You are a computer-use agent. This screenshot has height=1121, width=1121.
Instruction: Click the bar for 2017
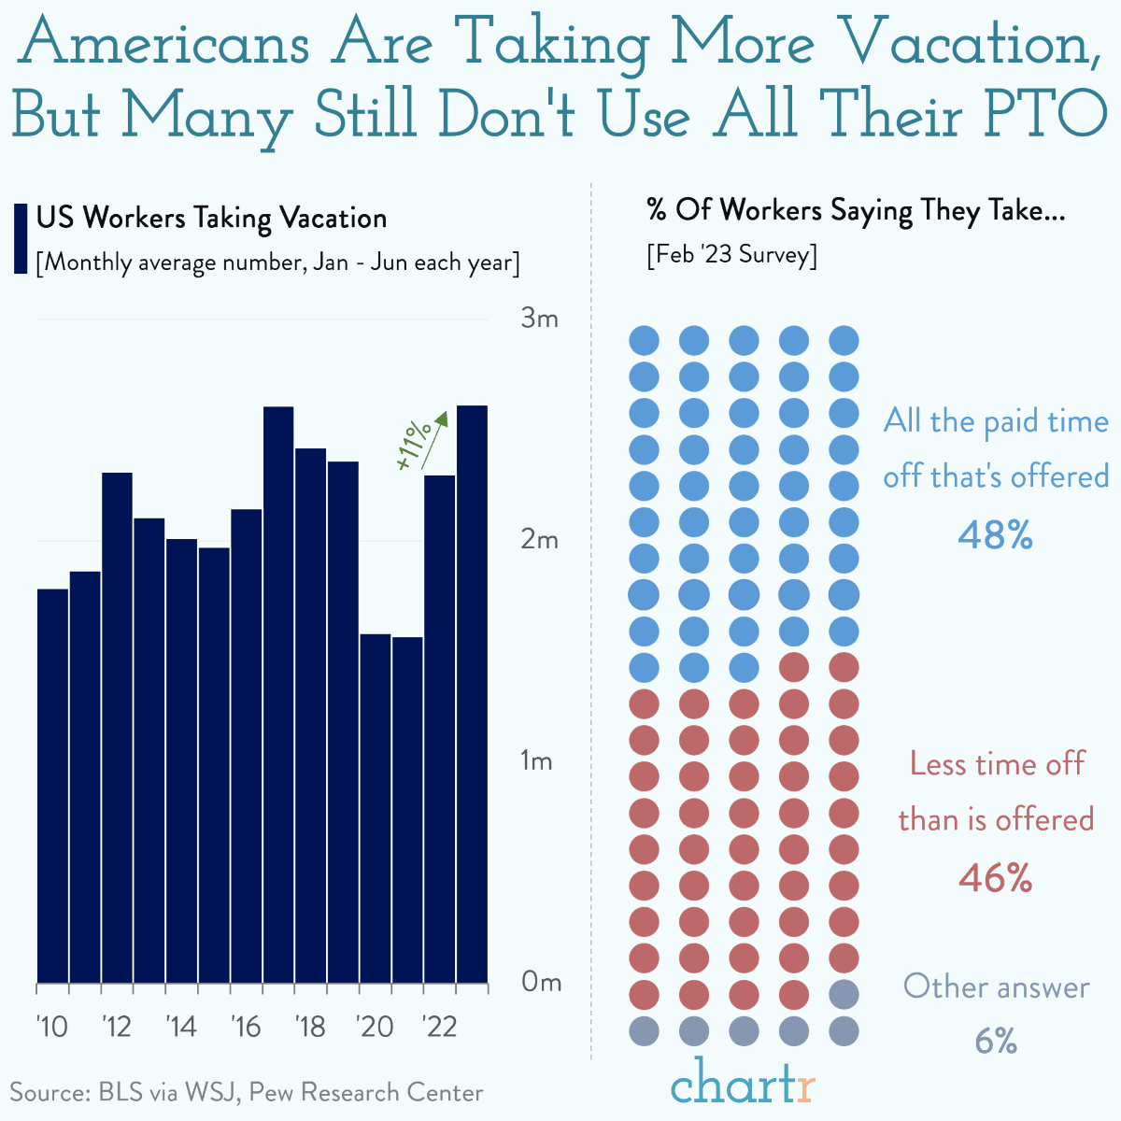tap(278, 695)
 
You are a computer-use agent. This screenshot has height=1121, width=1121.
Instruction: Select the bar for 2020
tap(376, 809)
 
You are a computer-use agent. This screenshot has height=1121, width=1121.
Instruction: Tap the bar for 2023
tap(473, 694)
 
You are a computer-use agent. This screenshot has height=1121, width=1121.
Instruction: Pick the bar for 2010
tap(53, 786)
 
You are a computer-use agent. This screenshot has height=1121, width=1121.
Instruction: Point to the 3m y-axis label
tap(539, 319)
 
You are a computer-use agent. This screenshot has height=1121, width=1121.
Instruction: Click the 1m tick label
tap(536, 760)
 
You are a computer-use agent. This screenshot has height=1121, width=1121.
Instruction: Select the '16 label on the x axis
tap(246, 1027)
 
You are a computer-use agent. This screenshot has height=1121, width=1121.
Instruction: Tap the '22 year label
tap(439, 1027)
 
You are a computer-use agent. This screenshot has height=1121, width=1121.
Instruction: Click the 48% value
tap(995, 534)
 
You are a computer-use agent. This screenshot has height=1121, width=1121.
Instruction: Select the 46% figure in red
tap(995, 878)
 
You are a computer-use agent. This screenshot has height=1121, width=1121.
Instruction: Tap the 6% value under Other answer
tap(996, 1042)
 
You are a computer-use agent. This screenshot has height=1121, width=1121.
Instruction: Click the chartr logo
tap(743, 1081)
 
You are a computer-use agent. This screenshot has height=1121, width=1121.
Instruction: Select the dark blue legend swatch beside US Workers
tap(21, 238)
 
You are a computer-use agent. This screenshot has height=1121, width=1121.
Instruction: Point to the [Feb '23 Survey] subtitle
tap(731, 255)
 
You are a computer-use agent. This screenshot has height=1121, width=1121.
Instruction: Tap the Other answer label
tap(996, 986)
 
